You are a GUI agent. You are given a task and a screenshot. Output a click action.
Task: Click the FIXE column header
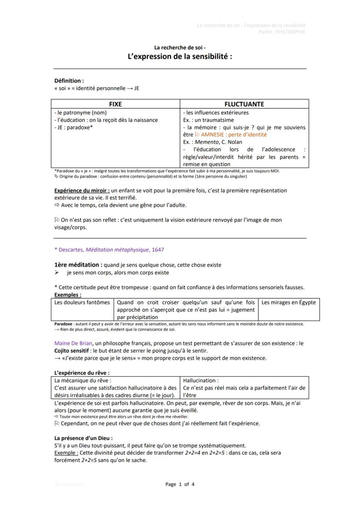tap(115, 104)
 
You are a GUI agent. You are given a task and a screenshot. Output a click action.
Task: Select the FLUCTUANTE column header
tap(244, 104)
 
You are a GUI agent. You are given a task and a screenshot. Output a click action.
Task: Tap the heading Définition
tap(69, 80)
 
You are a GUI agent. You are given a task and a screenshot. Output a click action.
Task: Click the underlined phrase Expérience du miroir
tap(82, 190)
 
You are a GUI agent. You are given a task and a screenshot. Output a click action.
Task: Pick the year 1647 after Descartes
tap(158, 250)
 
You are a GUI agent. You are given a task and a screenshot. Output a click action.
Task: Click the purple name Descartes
tap(71, 250)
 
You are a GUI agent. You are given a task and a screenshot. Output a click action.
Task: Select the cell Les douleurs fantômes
tap(82, 303)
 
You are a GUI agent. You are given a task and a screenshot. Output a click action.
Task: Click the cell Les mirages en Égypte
tap(289, 303)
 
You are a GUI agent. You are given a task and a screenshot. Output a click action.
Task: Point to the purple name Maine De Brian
tap(70, 343)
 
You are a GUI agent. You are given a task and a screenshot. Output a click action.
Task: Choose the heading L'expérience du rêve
tap(81, 373)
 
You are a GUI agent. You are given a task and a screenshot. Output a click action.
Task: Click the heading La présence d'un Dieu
tap(83, 438)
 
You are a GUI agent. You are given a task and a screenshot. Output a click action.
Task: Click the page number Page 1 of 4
tap(180, 484)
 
